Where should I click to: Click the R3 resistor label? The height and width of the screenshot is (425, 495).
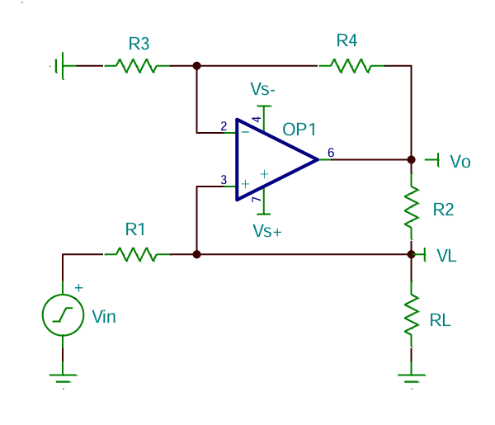[x=139, y=44]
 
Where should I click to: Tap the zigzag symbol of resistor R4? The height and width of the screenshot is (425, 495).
[x=351, y=66]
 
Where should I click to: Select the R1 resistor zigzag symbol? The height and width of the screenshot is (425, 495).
[x=137, y=254]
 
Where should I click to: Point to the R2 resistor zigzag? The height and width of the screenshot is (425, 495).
[x=412, y=206]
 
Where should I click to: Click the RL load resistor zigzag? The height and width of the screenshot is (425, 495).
[x=412, y=314]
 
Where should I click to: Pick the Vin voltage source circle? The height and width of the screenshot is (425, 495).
[x=64, y=314]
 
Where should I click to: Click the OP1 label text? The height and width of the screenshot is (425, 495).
[x=299, y=130]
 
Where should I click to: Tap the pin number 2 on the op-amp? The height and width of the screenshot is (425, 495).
[x=224, y=126]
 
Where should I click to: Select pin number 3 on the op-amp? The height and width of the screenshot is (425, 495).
[x=224, y=180]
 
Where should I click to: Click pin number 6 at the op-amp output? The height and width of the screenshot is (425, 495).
[x=331, y=153]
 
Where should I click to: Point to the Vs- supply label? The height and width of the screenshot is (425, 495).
[x=262, y=89]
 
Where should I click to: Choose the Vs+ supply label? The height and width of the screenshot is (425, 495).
[x=267, y=231]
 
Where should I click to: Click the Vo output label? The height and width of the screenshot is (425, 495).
[x=460, y=162]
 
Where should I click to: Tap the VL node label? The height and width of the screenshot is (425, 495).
[x=446, y=256]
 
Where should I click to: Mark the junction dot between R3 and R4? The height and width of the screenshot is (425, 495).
[x=196, y=66]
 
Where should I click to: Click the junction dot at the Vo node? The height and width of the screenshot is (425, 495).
[x=412, y=160]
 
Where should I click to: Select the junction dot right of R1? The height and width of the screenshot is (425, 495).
[x=196, y=254]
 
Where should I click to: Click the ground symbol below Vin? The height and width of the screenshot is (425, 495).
[x=64, y=378]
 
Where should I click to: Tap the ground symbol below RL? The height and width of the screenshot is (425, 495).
[x=412, y=378]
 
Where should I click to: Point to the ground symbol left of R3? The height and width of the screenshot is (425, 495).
[x=60, y=66]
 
